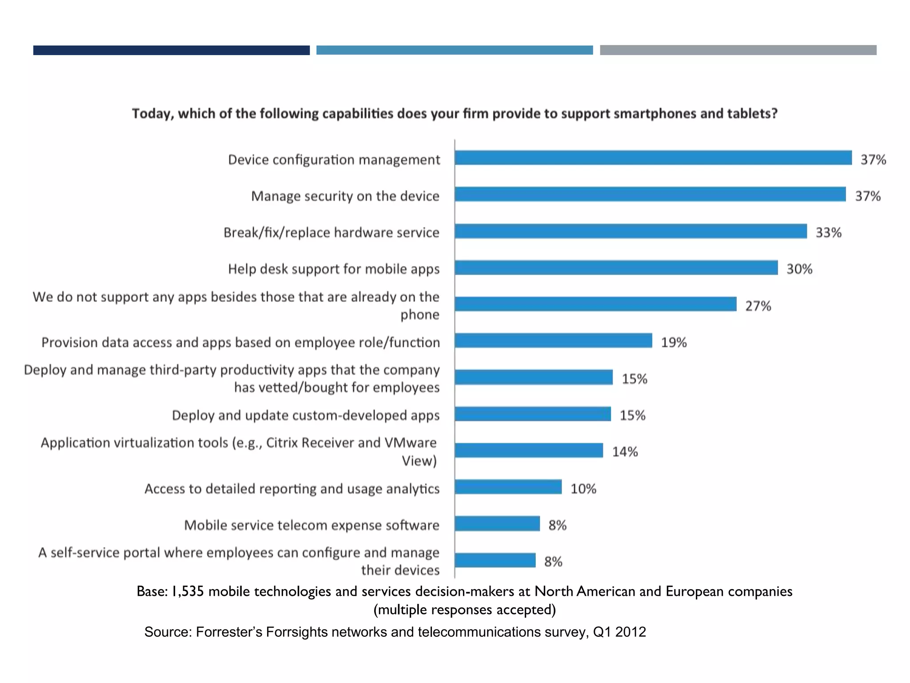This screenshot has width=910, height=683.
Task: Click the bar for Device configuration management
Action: pyautogui.click(x=653, y=158)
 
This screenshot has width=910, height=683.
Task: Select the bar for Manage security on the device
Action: pyautogui.click(x=650, y=194)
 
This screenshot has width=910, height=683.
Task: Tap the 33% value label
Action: pyautogui.click(x=828, y=233)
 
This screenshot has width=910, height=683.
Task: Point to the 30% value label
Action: pyautogui.click(x=799, y=269)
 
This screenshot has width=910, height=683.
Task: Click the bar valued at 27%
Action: pyautogui.click(x=595, y=304)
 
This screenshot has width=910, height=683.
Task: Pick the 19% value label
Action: pyautogui.click(x=674, y=342)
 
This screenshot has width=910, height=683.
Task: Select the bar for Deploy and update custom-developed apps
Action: pyautogui.click(x=533, y=414)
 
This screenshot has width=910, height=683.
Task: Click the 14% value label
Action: pyautogui.click(x=625, y=452)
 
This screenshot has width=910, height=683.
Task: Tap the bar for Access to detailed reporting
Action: pyautogui.click(x=508, y=487)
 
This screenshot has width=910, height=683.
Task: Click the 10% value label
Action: pyautogui.click(x=583, y=489)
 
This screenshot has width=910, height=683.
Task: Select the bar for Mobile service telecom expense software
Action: pyautogui.click(x=497, y=523)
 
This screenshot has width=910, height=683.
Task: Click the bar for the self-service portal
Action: pyautogui.click(x=495, y=560)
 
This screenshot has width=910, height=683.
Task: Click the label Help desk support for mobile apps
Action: pyautogui.click(x=334, y=269)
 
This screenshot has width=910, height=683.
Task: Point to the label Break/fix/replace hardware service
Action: pyautogui.click(x=331, y=233)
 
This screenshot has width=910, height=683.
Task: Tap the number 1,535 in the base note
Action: pyautogui.click(x=188, y=591)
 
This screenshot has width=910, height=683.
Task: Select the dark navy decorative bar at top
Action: pyautogui.click(x=171, y=50)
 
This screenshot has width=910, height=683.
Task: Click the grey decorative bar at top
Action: pyautogui.click(x=738, y=50)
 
